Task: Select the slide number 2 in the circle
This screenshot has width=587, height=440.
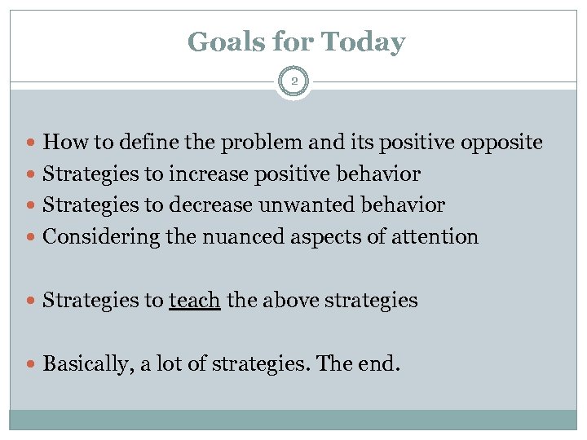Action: coord(293,81)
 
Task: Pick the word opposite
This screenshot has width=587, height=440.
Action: coord(501,143)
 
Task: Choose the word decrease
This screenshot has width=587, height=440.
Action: coord(211,205)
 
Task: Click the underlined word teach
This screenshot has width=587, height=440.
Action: coord(195,300)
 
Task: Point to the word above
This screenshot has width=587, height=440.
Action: coord(287,300)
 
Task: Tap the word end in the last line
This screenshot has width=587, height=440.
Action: coord(382,363)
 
